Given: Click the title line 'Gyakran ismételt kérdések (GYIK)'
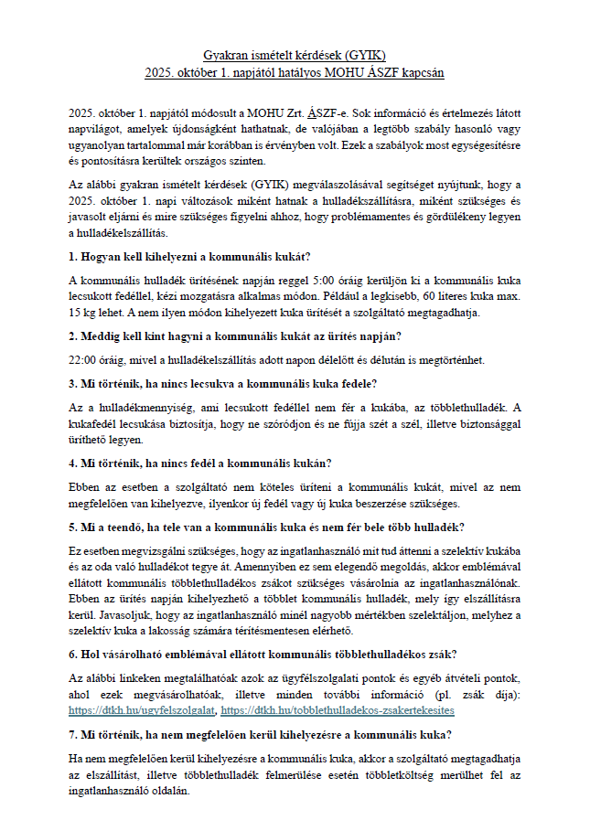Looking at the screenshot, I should coord(295,56).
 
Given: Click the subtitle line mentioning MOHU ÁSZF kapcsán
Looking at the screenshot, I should coord(295,70).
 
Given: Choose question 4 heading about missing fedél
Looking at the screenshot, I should coord(200,463).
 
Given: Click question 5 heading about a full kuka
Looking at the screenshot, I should coord(266,527).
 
